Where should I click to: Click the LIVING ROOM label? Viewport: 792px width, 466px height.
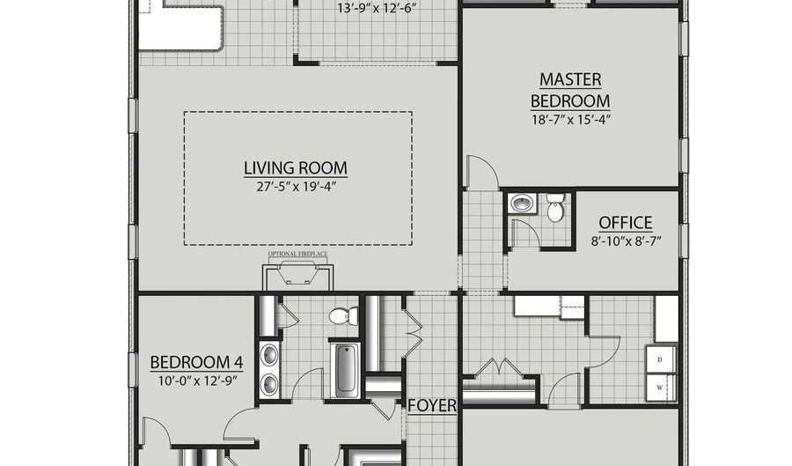296,167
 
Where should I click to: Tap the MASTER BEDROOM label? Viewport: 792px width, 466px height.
570,91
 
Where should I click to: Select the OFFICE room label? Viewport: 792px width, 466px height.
626,222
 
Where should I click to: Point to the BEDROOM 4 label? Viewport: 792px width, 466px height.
196,362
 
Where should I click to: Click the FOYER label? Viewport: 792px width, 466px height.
432,405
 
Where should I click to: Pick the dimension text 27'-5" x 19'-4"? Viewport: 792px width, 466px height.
296,187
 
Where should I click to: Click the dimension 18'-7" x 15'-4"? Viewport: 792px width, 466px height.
571,120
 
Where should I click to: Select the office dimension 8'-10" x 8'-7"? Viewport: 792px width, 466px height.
626,241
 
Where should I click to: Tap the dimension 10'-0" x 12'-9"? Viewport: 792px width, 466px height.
197,381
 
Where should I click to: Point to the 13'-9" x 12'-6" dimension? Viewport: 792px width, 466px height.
377,9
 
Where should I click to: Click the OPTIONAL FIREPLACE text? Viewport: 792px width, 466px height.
297,254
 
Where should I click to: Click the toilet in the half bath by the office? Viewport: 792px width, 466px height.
555,208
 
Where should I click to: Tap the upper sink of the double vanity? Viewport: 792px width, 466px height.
270,354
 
